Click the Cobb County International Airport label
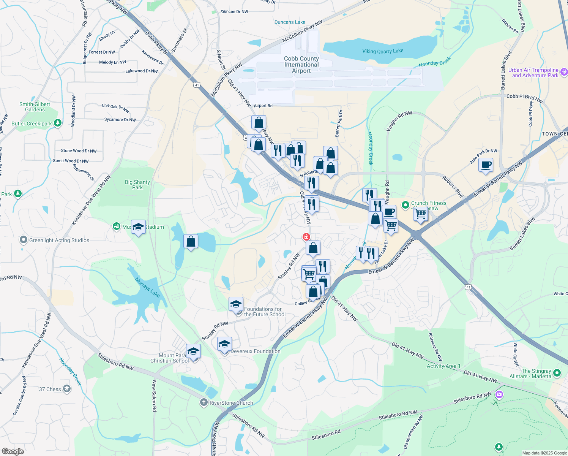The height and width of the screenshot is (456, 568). click(x=301, y=65)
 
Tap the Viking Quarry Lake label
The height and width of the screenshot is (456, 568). click(x=383, y=51)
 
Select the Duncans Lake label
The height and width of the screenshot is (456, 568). click(x=290, y=22)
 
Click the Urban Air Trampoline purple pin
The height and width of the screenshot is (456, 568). click(x=564, y=72)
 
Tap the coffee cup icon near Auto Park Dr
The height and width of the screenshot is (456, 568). click(x=486, y=165)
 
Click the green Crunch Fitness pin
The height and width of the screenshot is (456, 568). click(x=405, y=205)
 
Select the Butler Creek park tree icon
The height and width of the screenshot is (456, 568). click(x=57, y=123)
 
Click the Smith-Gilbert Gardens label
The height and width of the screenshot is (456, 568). click(x=35, y=107)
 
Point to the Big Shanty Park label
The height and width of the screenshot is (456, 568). click(x=137, y=185)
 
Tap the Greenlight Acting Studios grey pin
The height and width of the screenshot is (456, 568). click(x=24, y=240)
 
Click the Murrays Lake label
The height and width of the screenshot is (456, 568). click(x=147, y=287)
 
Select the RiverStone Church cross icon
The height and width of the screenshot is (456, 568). click(x=204, y=402)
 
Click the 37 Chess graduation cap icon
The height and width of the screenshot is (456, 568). click(x=67, y=389)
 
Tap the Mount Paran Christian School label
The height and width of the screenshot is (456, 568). click(x=169, y=358)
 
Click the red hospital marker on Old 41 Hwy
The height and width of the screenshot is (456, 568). click(x=306, y=237)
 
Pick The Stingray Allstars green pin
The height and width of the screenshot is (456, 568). click(x=557, y=373)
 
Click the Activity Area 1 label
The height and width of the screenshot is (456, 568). click(x=443, y=366)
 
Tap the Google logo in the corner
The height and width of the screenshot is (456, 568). click(x=13, y=451)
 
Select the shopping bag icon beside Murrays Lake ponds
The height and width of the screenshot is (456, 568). click(x=191, y=241)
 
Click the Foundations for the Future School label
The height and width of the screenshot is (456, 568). click(x=265, y=312)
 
